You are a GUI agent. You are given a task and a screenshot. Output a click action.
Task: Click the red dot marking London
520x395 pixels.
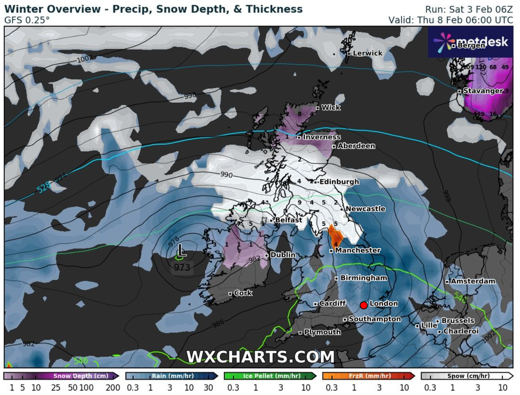pos(363,305)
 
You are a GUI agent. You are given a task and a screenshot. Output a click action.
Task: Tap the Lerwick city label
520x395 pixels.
pos(367,53)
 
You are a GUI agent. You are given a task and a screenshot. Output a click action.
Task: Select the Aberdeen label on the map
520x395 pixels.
pos(356,146)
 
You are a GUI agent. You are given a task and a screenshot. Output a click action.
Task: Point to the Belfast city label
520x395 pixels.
pos(289,220)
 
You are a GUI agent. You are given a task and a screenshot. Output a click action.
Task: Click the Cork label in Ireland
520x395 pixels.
pos(243,293)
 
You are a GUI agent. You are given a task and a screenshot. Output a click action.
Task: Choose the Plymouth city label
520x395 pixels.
pos(322,332)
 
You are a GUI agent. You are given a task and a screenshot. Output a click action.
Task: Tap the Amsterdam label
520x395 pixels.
pos(473,281)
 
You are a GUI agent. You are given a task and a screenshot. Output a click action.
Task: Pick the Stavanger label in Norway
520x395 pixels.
pos(482,91)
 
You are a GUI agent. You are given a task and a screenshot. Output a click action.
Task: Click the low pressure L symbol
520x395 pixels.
pos(181,250)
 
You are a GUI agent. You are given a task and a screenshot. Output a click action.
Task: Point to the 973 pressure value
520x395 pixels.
pos(181,267)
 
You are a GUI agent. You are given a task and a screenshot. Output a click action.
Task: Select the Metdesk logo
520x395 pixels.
pos(471,42)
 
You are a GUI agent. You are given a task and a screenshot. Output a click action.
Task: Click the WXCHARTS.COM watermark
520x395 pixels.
pos(260,357)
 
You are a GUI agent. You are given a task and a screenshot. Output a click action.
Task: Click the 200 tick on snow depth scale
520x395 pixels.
pos(112,388)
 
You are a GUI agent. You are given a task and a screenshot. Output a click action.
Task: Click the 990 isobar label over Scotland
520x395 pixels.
pos(227,175)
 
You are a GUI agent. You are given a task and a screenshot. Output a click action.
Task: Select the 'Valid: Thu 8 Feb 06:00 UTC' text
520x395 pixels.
pos(450,20)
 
